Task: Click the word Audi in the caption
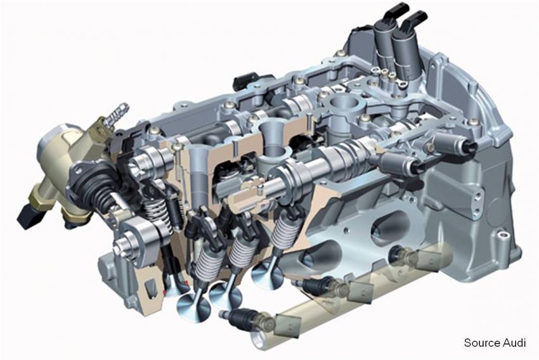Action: click(x=514, y=342)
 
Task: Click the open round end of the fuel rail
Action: click(x=259, y=340)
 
